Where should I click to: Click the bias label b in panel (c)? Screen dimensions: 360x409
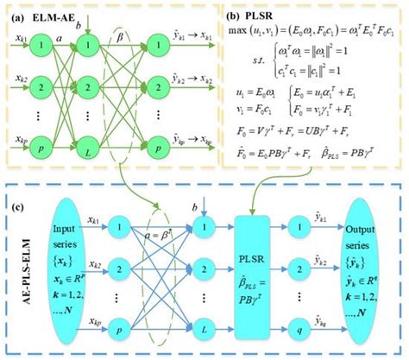point(193,207)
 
